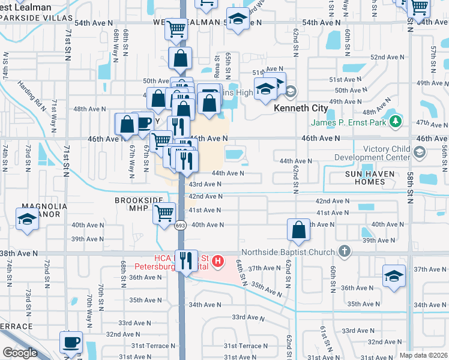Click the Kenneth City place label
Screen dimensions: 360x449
pos(300,109)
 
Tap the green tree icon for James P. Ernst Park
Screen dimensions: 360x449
pos(395,123)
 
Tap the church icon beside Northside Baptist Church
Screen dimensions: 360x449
pos(345,251)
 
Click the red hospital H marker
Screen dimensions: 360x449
pos(218,262)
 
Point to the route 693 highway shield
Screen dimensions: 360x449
pos(180,226)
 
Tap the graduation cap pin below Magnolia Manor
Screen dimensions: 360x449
pos(28,221)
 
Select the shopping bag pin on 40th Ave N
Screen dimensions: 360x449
pos(298,230)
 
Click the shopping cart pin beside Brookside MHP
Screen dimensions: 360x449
pos(164,213)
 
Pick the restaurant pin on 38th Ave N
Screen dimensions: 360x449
pos(186,260)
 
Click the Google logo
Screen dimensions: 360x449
pos(20,353)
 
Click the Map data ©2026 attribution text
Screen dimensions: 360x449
pos(423,355)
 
